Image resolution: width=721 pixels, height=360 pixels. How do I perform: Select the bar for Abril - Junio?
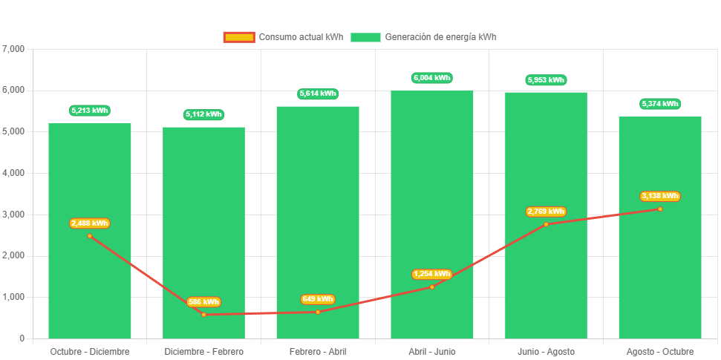click(x=431, y=186)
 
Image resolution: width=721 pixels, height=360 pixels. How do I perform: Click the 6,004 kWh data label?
click(x=431, y=78)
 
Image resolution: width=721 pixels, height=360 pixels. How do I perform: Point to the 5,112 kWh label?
click(x=203, y=115)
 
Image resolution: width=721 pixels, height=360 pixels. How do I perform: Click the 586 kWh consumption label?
click(x=203, y=302)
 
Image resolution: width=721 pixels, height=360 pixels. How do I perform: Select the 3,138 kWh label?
click(x=659, y=197)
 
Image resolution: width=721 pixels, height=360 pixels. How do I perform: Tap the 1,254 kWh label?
click(x=431, y=274)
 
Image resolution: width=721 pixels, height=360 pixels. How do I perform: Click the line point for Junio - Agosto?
click(x=546, y=224)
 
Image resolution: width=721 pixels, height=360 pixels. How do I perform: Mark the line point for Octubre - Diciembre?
click(x=90, y=236)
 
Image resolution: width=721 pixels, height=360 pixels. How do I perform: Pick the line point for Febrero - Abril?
click(x=318, y=312)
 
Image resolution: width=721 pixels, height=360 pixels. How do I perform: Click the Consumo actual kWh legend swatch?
click(x=238, y=37)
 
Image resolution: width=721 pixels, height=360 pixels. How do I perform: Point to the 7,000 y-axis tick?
click(x=14, y=49)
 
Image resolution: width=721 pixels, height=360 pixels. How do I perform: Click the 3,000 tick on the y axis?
click(x=14, y=215)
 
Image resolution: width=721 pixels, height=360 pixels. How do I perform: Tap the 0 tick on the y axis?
click(x=22, y=338)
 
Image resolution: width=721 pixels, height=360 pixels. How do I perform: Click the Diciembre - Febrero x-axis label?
click(x=203, y=351)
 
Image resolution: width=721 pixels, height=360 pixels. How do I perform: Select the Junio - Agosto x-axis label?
click(x=546, y=351)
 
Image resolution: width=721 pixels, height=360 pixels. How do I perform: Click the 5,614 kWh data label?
click(x=318, y=94)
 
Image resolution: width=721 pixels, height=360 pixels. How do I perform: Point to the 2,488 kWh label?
click(x=90, y=223)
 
